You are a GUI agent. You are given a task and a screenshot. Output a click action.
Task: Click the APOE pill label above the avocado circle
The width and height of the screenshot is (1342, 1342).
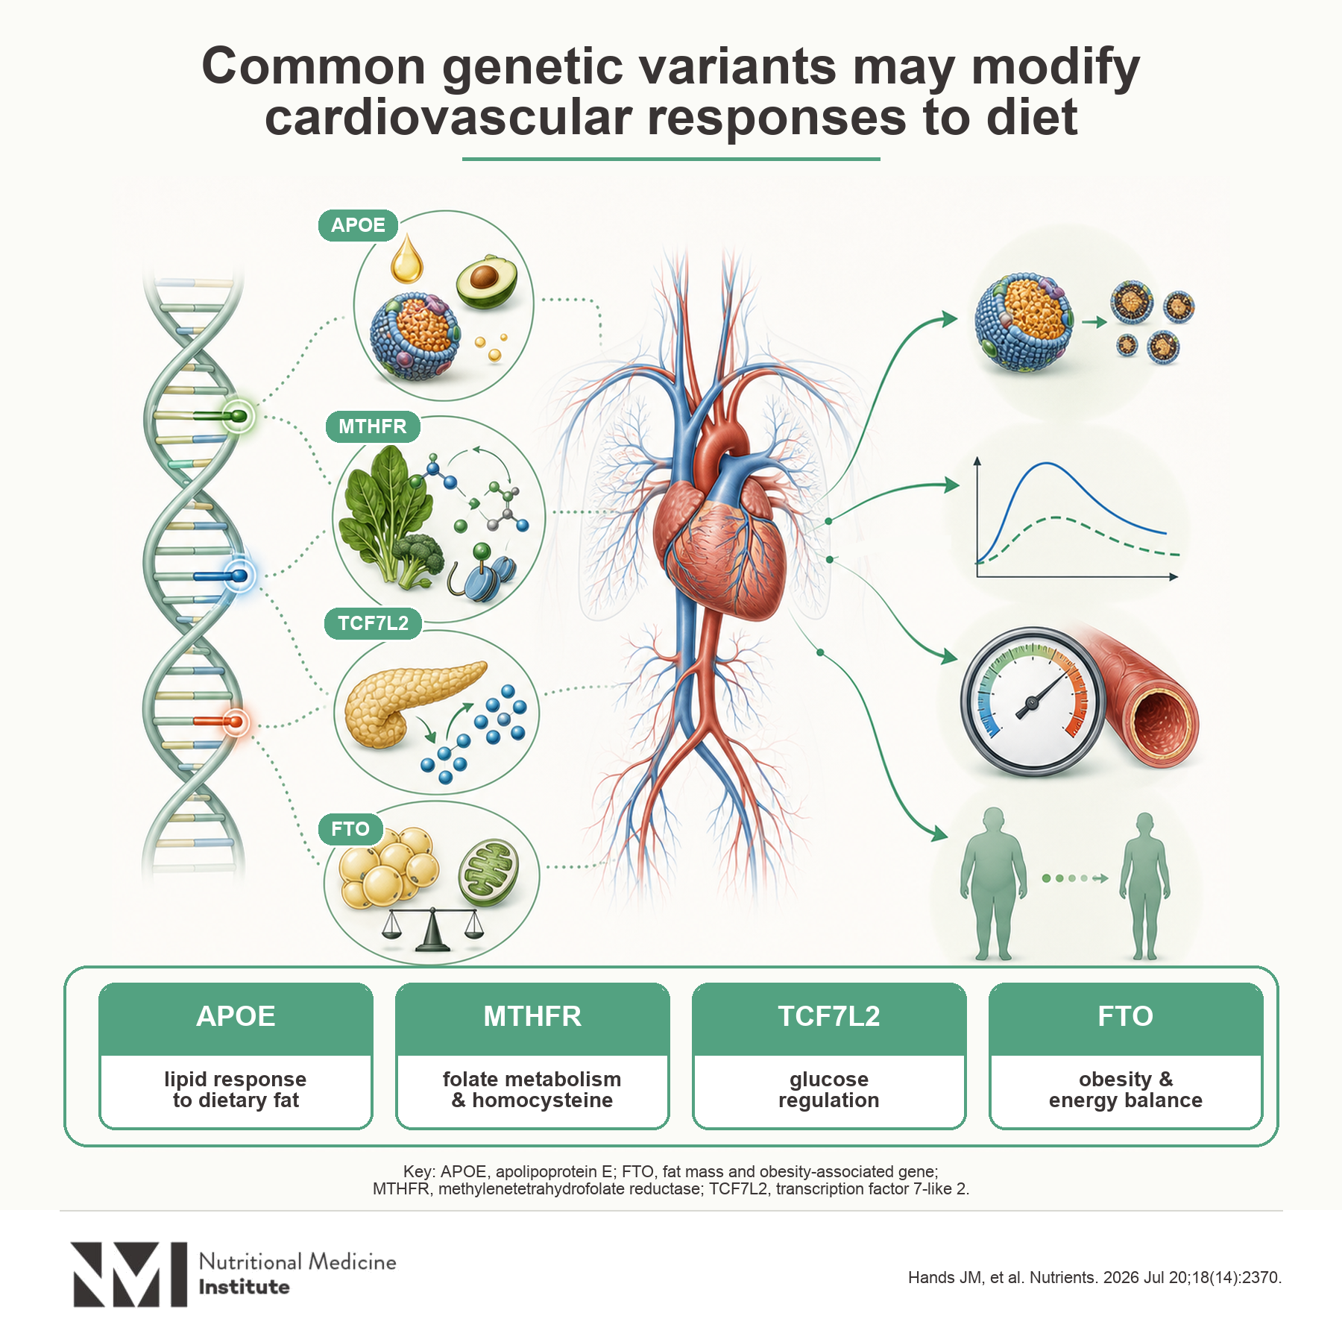358,225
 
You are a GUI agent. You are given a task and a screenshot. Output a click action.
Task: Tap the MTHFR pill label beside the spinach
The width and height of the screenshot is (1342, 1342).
373,426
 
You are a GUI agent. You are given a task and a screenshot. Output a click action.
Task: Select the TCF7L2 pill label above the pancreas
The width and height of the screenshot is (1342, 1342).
373,623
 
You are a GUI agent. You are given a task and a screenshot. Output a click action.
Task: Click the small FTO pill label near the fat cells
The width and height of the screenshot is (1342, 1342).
350,829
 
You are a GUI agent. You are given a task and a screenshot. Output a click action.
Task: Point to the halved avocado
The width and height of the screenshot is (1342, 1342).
486,281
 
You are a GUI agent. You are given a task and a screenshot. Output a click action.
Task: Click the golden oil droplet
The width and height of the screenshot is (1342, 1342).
407,259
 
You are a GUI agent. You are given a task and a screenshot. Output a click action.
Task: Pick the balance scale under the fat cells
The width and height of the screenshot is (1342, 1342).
432,928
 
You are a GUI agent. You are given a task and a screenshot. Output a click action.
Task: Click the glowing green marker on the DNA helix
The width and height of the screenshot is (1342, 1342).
238,416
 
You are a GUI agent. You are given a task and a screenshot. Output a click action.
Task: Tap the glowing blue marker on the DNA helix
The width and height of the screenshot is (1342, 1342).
239,576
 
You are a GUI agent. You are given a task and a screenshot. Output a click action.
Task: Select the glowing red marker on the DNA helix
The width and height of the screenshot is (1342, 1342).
236,721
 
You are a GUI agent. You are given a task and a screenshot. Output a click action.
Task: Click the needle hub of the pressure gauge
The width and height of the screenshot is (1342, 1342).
1033,702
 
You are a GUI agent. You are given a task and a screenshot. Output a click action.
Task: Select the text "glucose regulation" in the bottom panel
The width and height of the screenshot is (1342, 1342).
829,1090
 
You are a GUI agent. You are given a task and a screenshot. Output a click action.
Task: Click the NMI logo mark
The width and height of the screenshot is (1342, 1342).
129,1274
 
